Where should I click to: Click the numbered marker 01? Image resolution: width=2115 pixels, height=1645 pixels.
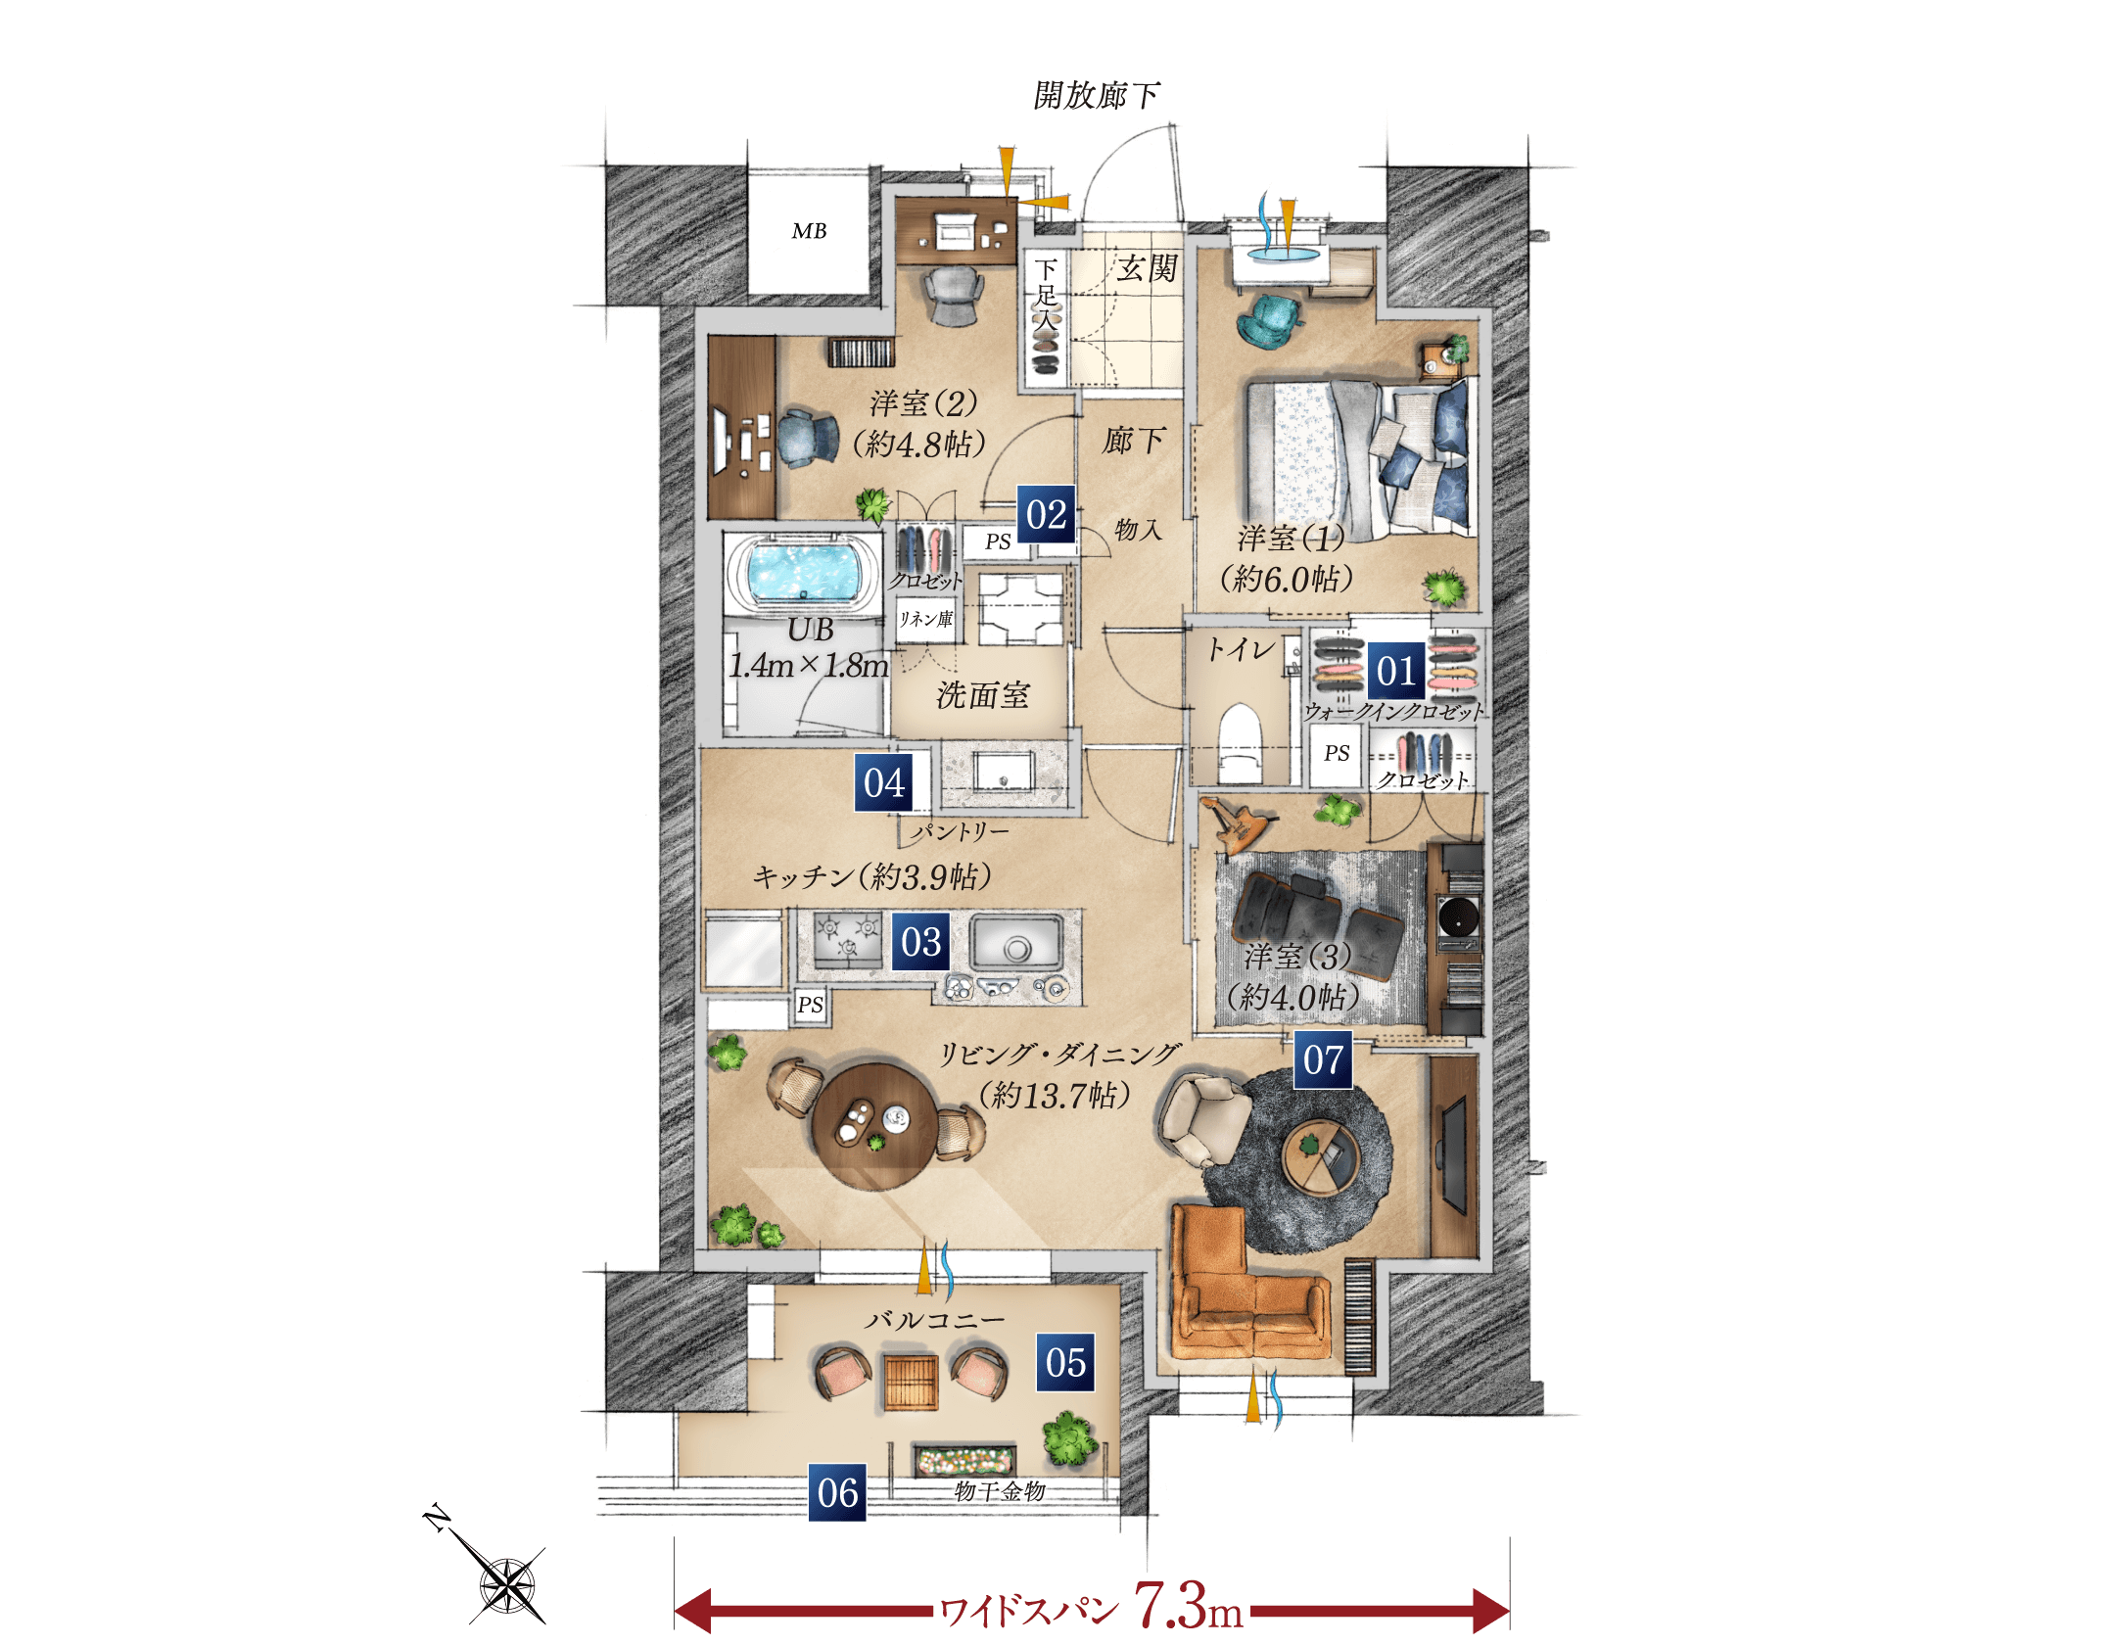1396,671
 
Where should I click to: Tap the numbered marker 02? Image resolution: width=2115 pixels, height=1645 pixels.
1046,514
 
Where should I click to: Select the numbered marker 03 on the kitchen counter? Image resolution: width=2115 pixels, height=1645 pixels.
920,942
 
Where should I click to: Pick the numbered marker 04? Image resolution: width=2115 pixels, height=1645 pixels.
884,782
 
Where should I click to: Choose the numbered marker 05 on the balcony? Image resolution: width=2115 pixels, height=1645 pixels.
1065,1362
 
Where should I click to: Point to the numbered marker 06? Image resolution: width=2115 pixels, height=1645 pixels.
837,1492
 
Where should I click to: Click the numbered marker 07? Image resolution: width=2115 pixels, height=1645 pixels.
1323,1059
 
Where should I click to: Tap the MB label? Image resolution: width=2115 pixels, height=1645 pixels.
809,231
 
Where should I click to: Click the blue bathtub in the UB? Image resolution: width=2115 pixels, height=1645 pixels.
803,572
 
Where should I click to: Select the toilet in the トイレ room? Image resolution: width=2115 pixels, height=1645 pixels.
1240,742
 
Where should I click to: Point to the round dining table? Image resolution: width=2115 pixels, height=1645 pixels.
874,1126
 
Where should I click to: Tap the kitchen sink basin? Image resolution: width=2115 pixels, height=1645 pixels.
1017,943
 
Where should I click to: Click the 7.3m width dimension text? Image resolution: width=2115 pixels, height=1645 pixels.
1188,1606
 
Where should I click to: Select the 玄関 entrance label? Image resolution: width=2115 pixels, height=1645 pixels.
1147,268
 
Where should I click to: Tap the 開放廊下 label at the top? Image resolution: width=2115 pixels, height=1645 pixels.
1097,95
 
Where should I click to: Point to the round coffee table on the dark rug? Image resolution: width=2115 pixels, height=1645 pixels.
1321,1156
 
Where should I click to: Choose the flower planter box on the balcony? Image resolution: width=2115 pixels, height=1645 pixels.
964,1459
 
